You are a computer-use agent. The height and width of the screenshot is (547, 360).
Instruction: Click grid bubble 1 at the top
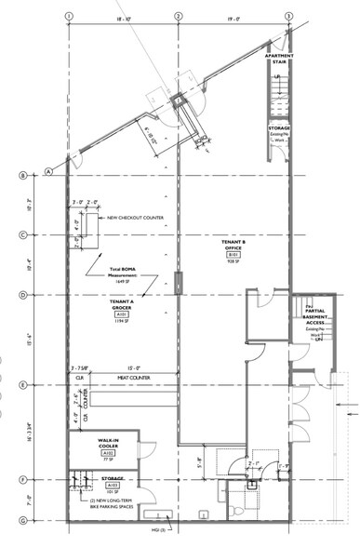[x=68, y=16]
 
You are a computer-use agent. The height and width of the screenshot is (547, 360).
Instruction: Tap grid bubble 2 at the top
[x=178, y=16]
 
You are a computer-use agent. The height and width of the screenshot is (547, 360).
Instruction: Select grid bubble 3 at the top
[x=288, y=16]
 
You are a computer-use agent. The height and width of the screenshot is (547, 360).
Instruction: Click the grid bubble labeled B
[x=21, y=175]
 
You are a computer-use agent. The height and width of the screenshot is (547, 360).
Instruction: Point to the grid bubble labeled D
[x=21, y=295]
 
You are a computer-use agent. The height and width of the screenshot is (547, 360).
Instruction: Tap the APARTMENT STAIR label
[x=279, y=60]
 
